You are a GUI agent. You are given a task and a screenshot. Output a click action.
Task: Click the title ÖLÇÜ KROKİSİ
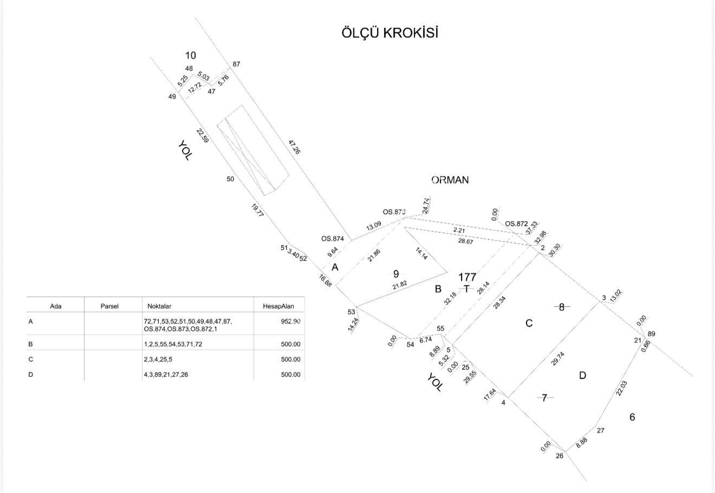pyautogui.click(x=389, y=33)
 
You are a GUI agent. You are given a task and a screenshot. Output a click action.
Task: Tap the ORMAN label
pyautogui.click(x=450, y=180)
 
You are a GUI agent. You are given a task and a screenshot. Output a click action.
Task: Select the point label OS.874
pyautogui.click(x=333, y=238)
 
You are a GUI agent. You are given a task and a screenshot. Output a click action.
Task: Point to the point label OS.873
pyautogui.click(x=394, y=212)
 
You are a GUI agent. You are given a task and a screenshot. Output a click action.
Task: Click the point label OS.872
pyautogui.click(x=516, y=224)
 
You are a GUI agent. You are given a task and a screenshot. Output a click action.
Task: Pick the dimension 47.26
pyautogui.click(x=294, y=147)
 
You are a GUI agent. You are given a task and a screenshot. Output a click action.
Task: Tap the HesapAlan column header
pyautogui.click(x=278, y=306)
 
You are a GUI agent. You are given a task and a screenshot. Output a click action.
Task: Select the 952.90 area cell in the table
pyautogui.click(x=290, y=321)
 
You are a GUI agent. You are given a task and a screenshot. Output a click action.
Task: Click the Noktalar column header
pyautogui.click(x=159, y=306)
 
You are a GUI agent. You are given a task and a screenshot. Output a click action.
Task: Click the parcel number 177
pyautogui.click(x=467, y=277)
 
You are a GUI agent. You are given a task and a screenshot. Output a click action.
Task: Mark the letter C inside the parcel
pyautogui.click(x=529, y=323)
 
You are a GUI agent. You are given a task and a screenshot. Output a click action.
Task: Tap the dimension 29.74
pyautogui.click(x=557, y=359)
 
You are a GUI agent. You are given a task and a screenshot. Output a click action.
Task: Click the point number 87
pyautogui.click(x=236, y=64)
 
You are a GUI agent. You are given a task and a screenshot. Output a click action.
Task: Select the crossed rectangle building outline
pyautogui.click(x=252, y=150)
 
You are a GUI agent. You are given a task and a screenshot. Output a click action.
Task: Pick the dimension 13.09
pyautogui.click(x=373, y=226)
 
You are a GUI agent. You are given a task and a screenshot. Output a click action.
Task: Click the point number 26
pyautogui.click(x=560, y=456)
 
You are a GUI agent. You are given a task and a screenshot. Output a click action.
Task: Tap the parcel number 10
pyautogui.click(x=191, y=55)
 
